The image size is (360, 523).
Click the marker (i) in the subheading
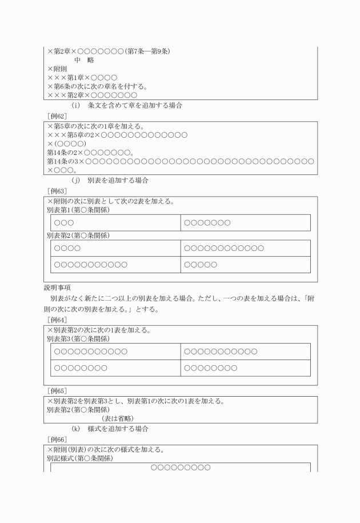75,106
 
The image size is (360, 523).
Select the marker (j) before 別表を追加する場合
75,180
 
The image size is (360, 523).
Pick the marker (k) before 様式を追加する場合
75,429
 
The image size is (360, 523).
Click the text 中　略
84,60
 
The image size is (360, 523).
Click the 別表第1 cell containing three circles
63,222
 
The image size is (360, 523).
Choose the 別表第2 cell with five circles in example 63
201,265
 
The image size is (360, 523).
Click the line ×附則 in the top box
57,69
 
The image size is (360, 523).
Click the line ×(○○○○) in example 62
67,144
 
